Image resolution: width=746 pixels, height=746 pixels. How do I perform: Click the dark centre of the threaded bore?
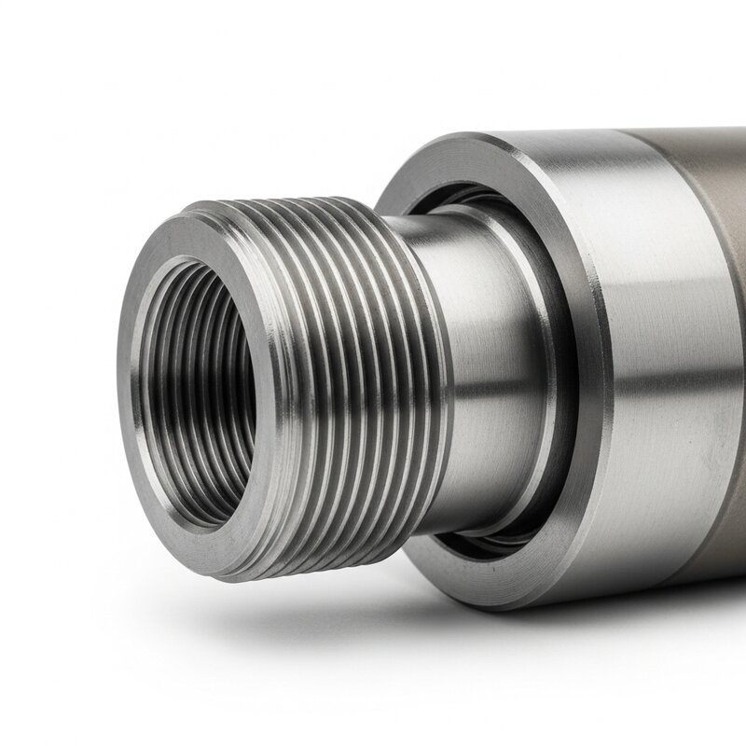point(200,373)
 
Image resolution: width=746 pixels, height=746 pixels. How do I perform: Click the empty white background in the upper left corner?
point(56,56)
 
